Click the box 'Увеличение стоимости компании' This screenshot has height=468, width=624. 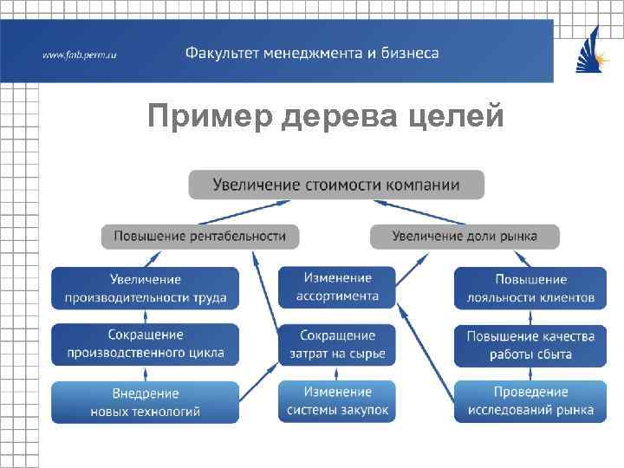tap(336, 185)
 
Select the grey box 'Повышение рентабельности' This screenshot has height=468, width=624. tap(199, 236)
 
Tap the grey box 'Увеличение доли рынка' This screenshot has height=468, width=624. tap(465, 236)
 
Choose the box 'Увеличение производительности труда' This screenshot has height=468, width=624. tap(145, 288)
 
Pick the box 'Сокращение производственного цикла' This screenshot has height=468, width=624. tap(145, 344)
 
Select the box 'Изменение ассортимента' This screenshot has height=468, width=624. tap(337, 287)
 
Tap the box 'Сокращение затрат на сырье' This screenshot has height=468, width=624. tap(337, 344)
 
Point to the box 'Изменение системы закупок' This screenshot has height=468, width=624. tap(337, 401)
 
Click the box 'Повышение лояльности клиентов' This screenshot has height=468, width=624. tap(530, 289)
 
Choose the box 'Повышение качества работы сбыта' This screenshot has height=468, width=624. tap(530, 345)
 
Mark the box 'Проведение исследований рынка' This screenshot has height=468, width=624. tap(530, 401)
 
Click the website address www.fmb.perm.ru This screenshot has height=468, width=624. tap(80, 55)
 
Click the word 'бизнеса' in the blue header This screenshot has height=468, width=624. tap(410, 53)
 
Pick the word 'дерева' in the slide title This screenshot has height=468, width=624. tap(345, 115)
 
